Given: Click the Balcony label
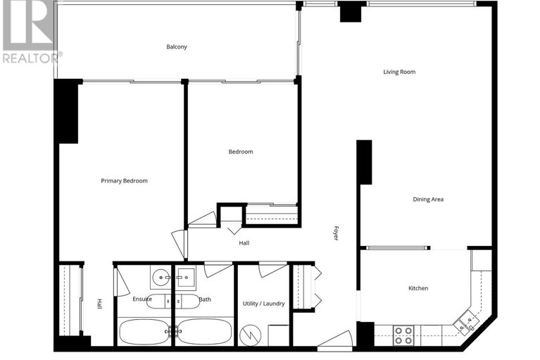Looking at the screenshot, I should tap(177, 47).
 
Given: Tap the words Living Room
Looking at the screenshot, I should tap(399, 72).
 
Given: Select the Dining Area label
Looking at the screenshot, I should tap(427, 199).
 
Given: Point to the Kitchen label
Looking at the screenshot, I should tap(418, 288).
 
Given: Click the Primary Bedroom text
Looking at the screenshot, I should tap(124, 181).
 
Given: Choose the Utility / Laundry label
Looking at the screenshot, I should tap(264, 303).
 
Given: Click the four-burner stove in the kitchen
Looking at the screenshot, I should tap(403, 334).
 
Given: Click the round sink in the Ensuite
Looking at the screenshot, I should tap(159, 276).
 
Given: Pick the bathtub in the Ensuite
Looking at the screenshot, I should tap(144, 332).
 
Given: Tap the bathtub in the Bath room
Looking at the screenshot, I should tap(204, 332).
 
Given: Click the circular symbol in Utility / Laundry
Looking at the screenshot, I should tap(250, 335).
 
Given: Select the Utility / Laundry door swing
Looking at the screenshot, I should tap(272, 269).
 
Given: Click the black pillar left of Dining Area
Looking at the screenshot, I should tap(364, 162).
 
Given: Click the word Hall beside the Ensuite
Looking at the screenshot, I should tap(100, 304).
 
